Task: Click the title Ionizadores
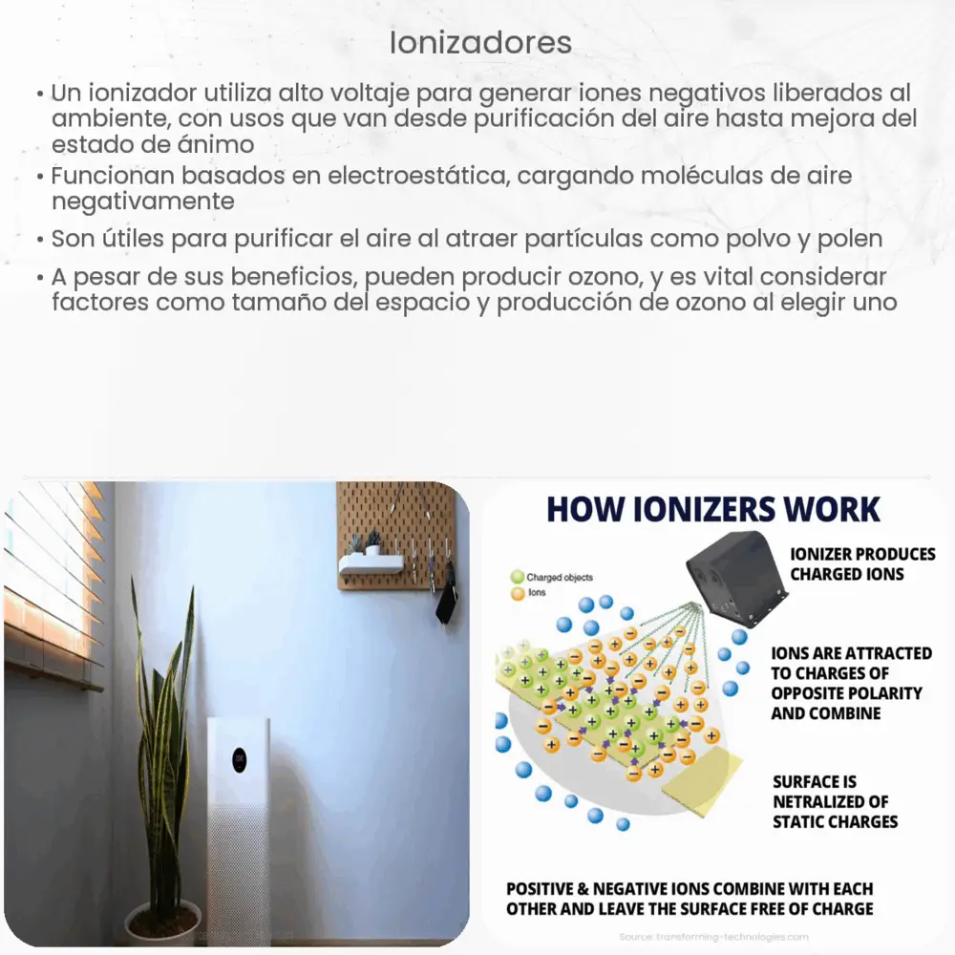point(481,43)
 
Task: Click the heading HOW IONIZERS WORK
point(712,509)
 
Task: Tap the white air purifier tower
point(239,821)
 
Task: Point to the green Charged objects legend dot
point(517,577)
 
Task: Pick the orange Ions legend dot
point(517,592)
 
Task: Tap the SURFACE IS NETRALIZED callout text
point(835,800)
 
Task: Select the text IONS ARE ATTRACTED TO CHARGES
point(851,683)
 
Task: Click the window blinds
point(53,583)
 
